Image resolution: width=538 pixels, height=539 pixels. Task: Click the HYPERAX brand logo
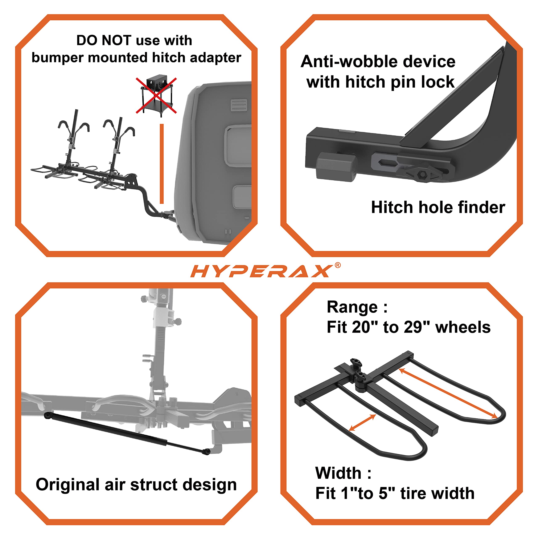261,271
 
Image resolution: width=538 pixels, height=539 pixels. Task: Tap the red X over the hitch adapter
156,96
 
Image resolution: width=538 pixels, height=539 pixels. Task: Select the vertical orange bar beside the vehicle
162,164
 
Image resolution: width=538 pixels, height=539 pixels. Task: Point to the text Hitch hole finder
438,208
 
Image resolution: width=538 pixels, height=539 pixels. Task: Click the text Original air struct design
136,485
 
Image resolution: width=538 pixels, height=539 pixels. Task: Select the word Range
352,307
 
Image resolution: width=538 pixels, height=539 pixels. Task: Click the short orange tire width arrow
362,423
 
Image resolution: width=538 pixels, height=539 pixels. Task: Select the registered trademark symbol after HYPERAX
337,265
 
